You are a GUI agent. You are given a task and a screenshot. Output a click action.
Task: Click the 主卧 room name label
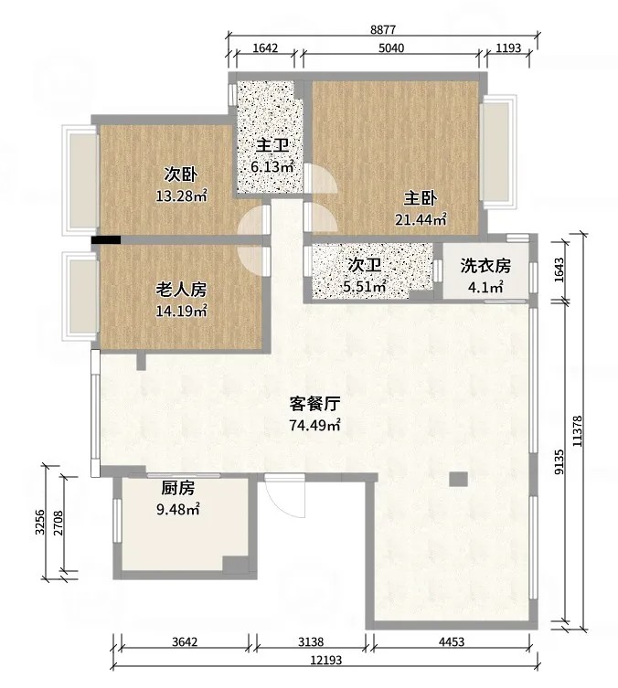421,199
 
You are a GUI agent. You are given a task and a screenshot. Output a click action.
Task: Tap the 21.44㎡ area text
421,219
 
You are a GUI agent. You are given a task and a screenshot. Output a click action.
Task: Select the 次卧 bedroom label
181,175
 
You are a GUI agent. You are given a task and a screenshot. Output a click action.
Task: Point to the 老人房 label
181,290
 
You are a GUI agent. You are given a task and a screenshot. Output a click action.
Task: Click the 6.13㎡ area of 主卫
272,166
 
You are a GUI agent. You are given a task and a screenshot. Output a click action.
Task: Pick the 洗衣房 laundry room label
485,266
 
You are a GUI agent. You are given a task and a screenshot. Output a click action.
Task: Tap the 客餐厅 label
314,404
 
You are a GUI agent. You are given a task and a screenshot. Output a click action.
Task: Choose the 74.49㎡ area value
314,425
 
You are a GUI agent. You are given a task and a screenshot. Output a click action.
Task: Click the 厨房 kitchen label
177,488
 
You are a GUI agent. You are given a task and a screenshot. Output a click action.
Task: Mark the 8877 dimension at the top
383,30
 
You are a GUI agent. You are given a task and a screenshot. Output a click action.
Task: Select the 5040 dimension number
391,48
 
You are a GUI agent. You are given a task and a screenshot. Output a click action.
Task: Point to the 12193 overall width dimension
325,660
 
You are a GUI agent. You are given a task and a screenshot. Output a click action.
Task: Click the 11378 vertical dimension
578,431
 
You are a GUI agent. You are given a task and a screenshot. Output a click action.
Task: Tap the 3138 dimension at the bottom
311,642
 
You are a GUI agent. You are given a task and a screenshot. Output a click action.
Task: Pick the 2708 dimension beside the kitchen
58,523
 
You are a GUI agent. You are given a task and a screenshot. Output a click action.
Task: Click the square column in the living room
458,479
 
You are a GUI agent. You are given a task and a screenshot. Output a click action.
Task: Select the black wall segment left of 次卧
106,239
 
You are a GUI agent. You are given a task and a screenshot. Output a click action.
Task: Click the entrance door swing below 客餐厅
285,495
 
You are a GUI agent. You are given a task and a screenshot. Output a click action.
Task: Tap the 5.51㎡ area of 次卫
364,287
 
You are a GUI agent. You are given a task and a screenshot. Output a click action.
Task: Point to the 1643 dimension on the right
559,270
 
